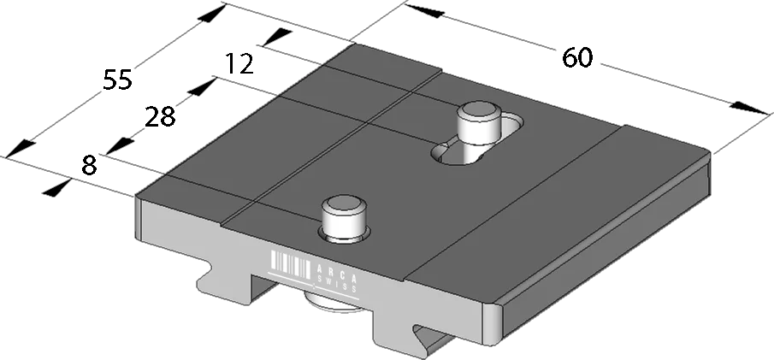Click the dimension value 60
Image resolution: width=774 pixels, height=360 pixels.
[x=577, y=58]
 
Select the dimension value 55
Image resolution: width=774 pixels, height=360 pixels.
[x=117, y=80]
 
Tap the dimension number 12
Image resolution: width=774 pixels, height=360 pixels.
[x=239, y=64]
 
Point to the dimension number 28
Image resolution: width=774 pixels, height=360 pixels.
[x=160, y=117]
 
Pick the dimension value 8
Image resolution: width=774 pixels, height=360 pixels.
[x=89, y=166]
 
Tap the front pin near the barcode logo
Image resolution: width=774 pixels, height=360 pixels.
[x=344, y=217]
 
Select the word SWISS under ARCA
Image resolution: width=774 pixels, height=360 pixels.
[x=338, y=282]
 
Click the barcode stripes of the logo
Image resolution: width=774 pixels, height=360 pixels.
[x=291, y=263]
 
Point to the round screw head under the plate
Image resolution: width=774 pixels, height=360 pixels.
[x=334, y=302]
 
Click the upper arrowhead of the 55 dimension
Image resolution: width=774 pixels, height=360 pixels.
[x=211, y=14]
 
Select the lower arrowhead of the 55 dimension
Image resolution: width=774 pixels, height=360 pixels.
[x=21, y=149]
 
